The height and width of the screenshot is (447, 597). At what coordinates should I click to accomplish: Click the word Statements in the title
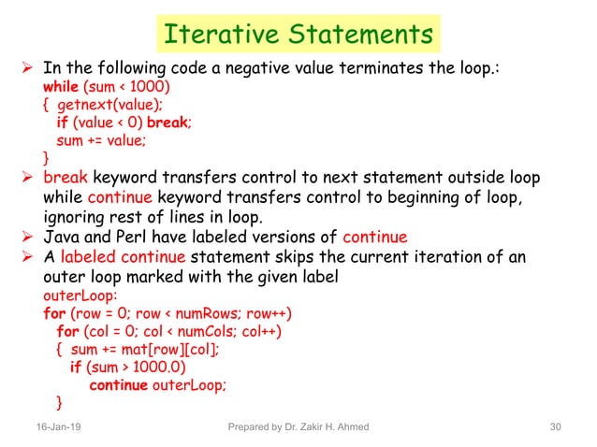pyautogui.click(x=357, y=35)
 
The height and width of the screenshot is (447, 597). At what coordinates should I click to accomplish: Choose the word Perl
pyautogui.click(x=135, y=234)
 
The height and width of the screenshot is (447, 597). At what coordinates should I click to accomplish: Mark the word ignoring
pyautogui.click(x=80, y=215)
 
